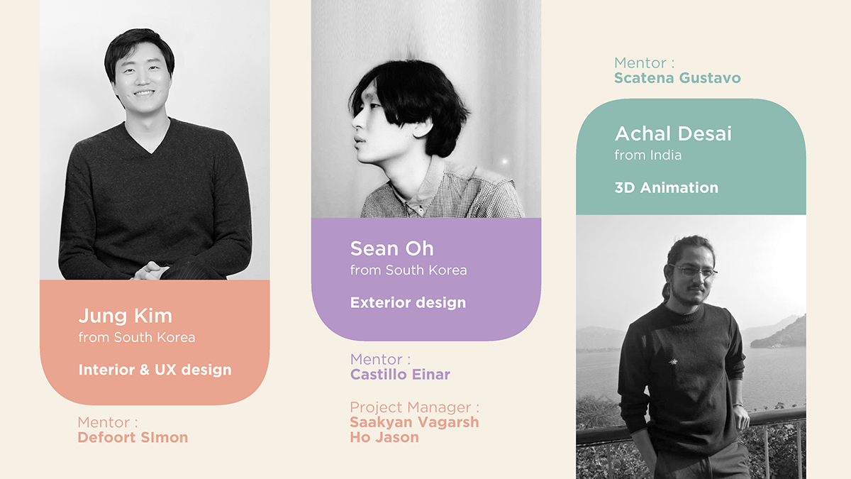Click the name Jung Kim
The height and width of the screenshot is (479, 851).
(x=126, y=316)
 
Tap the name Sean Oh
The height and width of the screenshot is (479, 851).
(x=391, y=248)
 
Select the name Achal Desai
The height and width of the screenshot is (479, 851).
(x=673, y=133)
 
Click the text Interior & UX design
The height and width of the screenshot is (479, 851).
(x=155, y=370)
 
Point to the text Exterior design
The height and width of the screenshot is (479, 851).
(x=408, y=302)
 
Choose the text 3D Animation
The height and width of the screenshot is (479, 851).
(x=667, y=187)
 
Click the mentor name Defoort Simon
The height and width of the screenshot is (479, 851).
(x=133, y=437)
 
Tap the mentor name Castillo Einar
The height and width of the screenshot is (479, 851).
(x=400, y=375)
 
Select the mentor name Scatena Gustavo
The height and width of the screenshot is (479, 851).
(x=677, y=78)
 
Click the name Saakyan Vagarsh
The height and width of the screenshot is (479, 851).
(x=414, y=422)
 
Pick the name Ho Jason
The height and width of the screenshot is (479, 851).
(x=384, y=437)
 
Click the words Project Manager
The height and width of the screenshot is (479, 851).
(x=411, y=407)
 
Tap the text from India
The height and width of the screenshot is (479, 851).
(x=647, y=155)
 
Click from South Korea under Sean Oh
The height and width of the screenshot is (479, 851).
(x=408, y=270)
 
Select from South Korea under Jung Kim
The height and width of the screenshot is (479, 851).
(x=137, y=337)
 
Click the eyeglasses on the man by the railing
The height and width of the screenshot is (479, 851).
(x=694, y=271)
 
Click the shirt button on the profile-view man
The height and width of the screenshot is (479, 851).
(x=421, y=209)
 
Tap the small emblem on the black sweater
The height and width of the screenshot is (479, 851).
(x=673, y=361)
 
